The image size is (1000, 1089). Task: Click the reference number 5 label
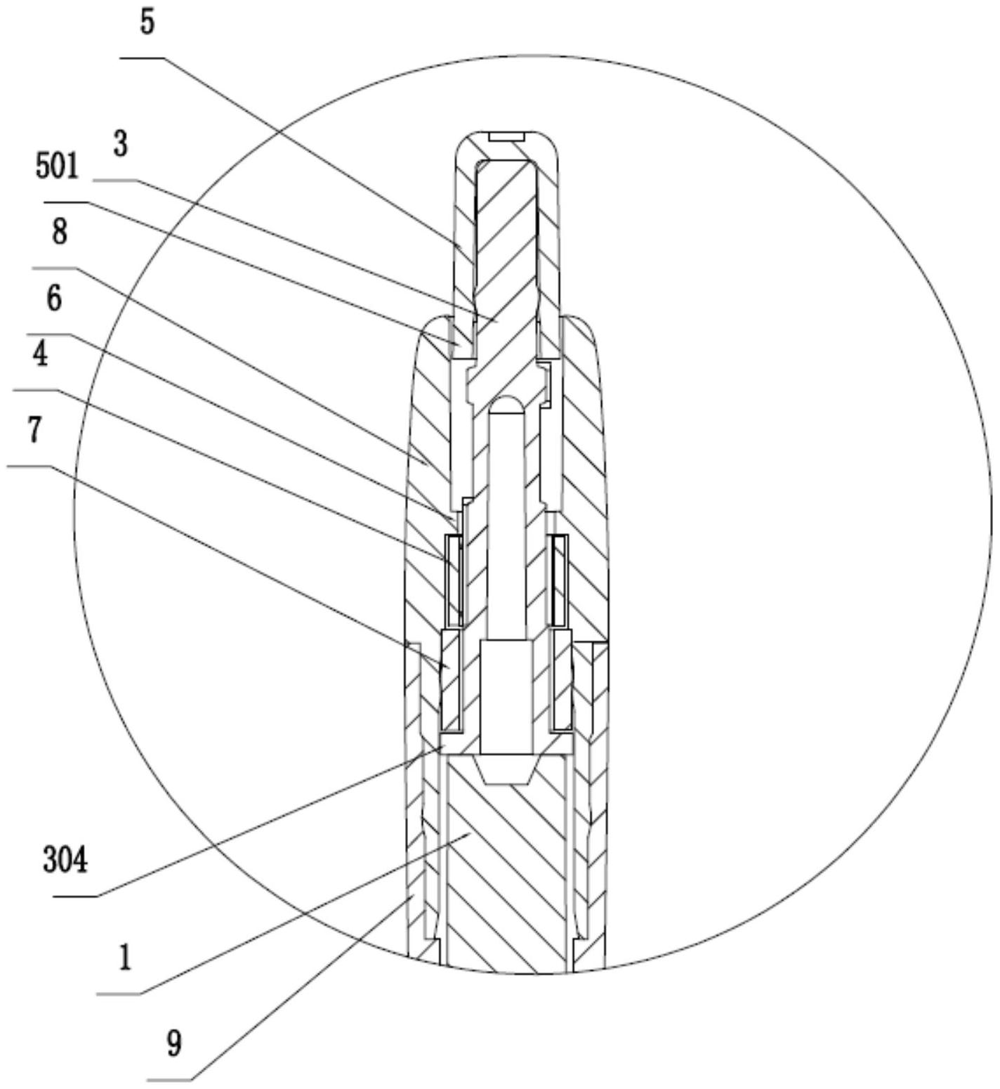147,22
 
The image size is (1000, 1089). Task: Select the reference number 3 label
121,145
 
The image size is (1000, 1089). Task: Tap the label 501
58,167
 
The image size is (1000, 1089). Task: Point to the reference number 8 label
59,232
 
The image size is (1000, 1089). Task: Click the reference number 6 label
54,298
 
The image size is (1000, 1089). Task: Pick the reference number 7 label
34,430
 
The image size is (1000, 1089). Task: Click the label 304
66,859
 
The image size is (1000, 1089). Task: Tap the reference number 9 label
174,1043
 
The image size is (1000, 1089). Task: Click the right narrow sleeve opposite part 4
560,580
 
